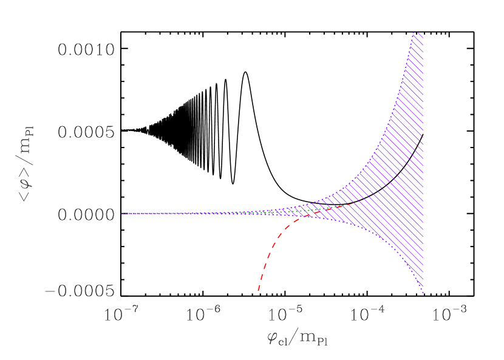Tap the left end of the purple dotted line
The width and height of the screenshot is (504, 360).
pos(121,214)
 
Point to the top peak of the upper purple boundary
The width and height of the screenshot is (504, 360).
pos(414,32)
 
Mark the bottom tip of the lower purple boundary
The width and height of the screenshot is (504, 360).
pos(423,293)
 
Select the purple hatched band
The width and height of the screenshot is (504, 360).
pos(395,182)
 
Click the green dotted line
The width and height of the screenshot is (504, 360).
pos(316,210)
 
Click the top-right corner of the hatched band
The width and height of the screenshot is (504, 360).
pos(423,35)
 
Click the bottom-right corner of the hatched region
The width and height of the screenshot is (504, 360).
pos(423,285)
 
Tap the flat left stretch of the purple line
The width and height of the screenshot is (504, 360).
pos(182,214)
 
